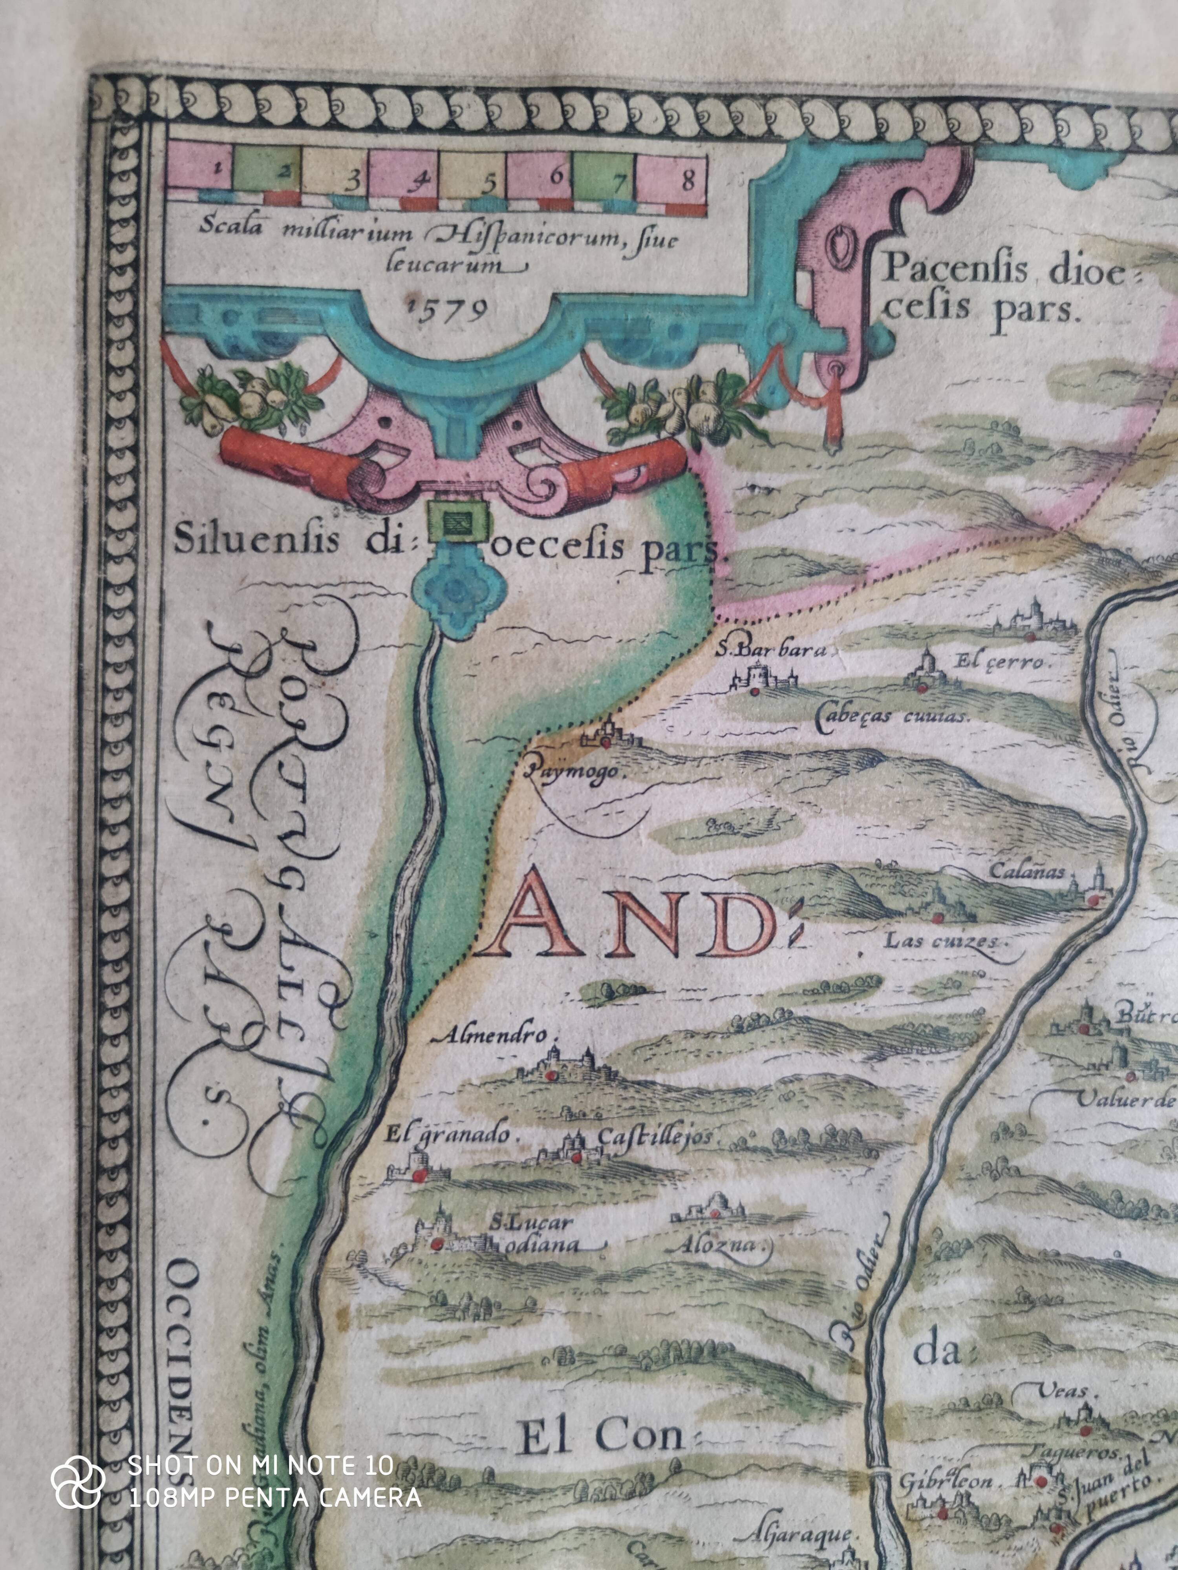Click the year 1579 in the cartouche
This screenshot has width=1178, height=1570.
click(447, 309)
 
